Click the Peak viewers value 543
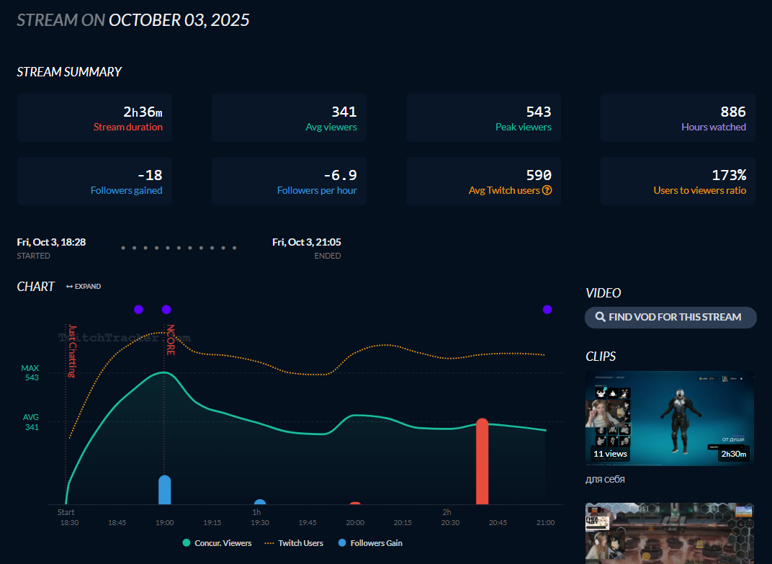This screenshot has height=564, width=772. click(x=538, y=112)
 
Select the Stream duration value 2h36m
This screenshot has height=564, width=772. click(x=143, y=112)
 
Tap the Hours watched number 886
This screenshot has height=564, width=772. click(x=733, y=112)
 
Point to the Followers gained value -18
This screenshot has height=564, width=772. click(x=149, y=175)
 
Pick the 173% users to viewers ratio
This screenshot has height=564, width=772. click(x=730, y=175)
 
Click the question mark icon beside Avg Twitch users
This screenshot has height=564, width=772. click(x=547, y=191)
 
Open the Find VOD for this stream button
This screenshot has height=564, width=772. click(x=670, y=317)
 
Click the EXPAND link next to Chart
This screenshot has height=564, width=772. click(x=84, y=287)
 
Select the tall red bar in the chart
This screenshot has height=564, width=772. click(x=482, y=461)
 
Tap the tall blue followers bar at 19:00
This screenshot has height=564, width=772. click(x=165, y=490)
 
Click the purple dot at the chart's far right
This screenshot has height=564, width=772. click(x=547, y=310)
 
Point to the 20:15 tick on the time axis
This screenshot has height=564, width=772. click(x=403, y=522)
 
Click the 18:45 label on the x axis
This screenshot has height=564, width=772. click(x=117, y=522)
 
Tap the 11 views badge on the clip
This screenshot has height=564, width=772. click(x=610, y=454)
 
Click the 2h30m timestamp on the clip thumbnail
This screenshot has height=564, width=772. click(x=734, y=454)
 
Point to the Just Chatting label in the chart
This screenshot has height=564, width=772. click(x=71, y=351)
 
